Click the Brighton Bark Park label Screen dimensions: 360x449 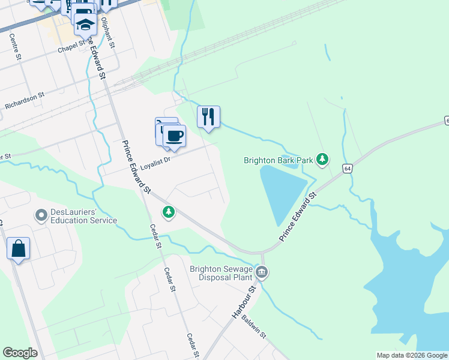pyautogui.click(x=279, y=160)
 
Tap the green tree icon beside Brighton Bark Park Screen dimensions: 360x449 pyautogui.click(x=323, y=159)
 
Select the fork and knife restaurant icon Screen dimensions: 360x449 pyautogui.click(x=208, y=116)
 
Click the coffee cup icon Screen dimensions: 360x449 pyautogui.click(x=174, y=136)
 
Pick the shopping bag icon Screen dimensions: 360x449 pyautogui.click(x=18, y=248)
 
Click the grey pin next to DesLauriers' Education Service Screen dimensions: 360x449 pyautogui.click(x=41, y=214)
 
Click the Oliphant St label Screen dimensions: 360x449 pyautogui.click(x=107, y=32)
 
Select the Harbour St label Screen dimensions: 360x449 pyautogui.click(x=244, y=301)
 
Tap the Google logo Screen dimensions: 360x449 pyautogui.click(x=20, y=353)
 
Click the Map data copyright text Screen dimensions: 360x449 pyautogui.click(x=412, y=355)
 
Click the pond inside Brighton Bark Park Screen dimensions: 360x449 pyautogui.click(x=282, y=192)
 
